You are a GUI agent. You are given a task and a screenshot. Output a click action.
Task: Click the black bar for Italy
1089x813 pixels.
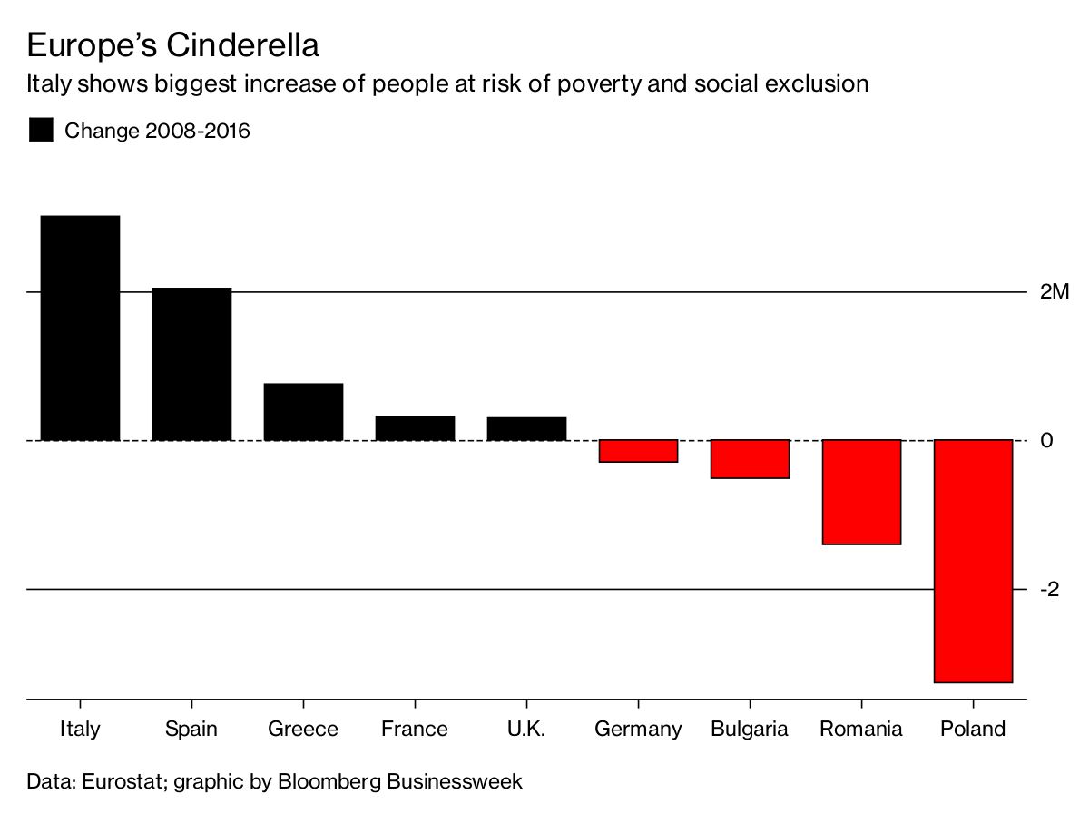80,328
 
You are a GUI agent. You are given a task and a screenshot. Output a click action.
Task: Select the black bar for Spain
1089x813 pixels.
191,364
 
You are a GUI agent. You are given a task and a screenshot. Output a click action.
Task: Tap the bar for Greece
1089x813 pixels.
303,412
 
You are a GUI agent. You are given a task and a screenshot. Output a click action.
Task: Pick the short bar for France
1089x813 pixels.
415,428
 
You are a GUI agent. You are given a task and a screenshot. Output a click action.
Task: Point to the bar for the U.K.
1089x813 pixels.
526,429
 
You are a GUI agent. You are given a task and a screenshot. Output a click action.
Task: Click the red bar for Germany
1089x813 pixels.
638,451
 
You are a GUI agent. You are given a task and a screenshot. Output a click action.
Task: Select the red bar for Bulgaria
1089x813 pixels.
750,459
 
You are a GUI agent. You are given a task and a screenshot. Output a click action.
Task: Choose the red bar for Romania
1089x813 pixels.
861,492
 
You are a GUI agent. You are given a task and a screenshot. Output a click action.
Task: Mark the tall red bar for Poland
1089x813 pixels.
973,561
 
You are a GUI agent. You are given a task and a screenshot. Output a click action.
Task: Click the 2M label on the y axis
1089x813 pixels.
1055,292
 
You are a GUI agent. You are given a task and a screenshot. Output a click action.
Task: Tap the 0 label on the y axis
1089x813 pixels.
1046,440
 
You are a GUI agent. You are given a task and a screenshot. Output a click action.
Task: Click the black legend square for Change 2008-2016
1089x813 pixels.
41,131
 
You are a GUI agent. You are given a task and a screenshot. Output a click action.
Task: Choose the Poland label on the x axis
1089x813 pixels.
973,729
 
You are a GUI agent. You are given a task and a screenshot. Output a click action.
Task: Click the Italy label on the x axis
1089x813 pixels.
80,729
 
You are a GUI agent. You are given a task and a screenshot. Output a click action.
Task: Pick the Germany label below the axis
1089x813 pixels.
638,729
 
